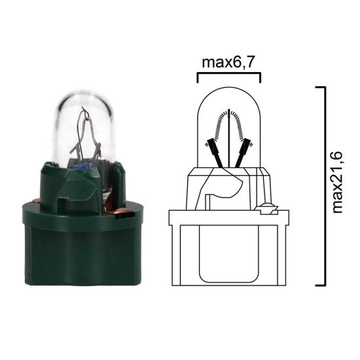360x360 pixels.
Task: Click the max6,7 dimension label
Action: point(229,62)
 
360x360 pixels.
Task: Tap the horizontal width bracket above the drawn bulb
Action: point(229,76)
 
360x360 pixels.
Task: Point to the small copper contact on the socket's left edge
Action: point(40,200)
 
